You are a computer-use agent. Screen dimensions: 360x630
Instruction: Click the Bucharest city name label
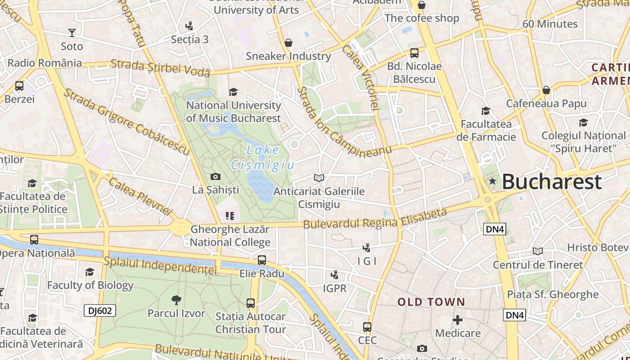tap(551, 182)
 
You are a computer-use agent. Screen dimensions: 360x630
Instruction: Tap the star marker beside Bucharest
tap(493, 181)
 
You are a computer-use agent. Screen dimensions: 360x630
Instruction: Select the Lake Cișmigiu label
tap(263, 157)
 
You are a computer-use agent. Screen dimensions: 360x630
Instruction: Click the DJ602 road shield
tap(100, 310)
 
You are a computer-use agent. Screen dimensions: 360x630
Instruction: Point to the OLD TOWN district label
tap(431, 302)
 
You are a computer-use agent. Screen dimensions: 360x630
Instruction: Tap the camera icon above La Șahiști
tap(216, 177)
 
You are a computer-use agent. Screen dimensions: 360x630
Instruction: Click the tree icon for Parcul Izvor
tap(176, 300)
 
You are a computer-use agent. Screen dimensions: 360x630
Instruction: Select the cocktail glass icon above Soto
tap(72, 32)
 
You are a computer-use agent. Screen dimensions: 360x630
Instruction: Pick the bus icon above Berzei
tap(19, 85)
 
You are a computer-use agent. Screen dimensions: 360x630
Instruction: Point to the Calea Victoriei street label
tap(361, 77)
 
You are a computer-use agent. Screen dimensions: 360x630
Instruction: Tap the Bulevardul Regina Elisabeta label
tap(375, 218)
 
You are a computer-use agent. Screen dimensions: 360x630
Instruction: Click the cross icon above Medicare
tap(458, 320)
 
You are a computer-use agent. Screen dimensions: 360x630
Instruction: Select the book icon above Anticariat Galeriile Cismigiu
tap(319, 178)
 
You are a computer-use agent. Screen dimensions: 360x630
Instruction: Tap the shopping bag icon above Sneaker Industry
tap(288, 43)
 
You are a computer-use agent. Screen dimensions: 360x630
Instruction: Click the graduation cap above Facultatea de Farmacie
tap(486, 111)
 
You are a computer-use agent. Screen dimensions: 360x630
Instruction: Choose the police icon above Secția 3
tap(189, 26)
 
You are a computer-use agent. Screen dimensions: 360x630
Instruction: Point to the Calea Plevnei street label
tap(140, 196)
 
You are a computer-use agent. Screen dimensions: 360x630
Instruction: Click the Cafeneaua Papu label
tap(546, 103)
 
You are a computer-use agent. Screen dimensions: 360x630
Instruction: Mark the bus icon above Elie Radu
tap(262, 260)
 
